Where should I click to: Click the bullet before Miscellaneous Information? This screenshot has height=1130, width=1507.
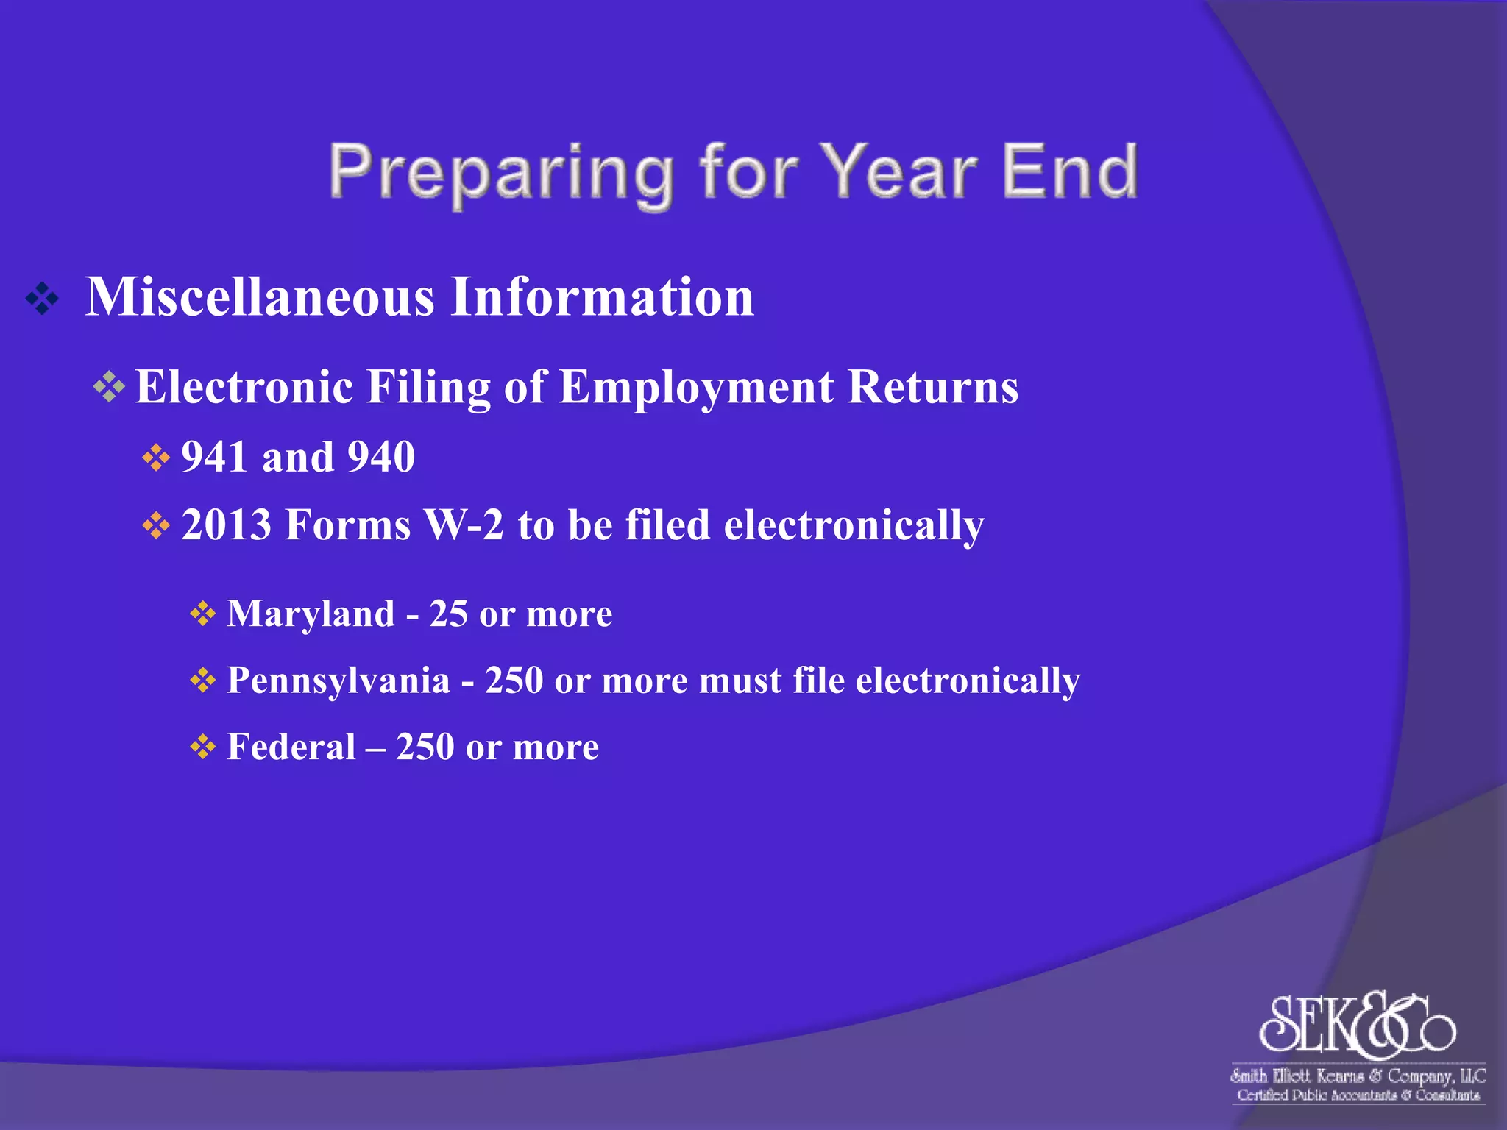pos(42,299)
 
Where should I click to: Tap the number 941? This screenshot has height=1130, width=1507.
pos(214,457)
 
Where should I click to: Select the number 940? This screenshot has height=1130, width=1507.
pos(381,457)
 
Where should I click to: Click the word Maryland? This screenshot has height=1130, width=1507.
pos(311,614)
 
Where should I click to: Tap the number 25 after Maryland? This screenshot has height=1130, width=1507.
pos(448,614)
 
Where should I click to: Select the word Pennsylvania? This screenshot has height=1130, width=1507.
pos(338,681)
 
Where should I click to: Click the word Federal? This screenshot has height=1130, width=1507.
pos(291,747)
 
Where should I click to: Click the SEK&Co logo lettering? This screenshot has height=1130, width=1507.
pos(1357,1024)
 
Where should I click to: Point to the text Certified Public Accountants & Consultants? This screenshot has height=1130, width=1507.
pos(1358,1095)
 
